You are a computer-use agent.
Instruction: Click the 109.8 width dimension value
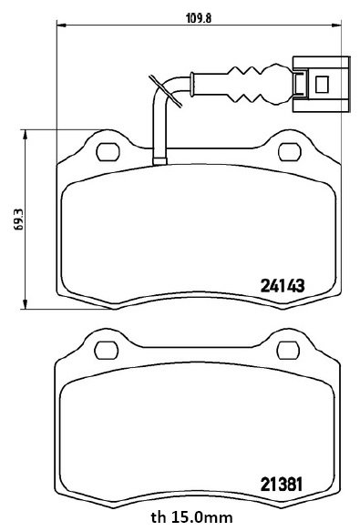point(199,18)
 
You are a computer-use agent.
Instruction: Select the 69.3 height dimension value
point(18,220)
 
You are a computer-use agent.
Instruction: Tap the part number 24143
point(283,286)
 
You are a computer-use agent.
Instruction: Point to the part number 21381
point(281,485)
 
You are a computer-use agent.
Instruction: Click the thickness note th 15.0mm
point(192,517)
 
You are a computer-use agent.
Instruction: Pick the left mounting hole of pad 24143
point(108,152)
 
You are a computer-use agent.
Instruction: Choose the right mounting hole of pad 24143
point(290,152)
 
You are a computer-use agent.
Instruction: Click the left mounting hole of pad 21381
point(107,350)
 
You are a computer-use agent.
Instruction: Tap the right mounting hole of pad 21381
point(289,350)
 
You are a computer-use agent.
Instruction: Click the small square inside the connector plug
point(322,85)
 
